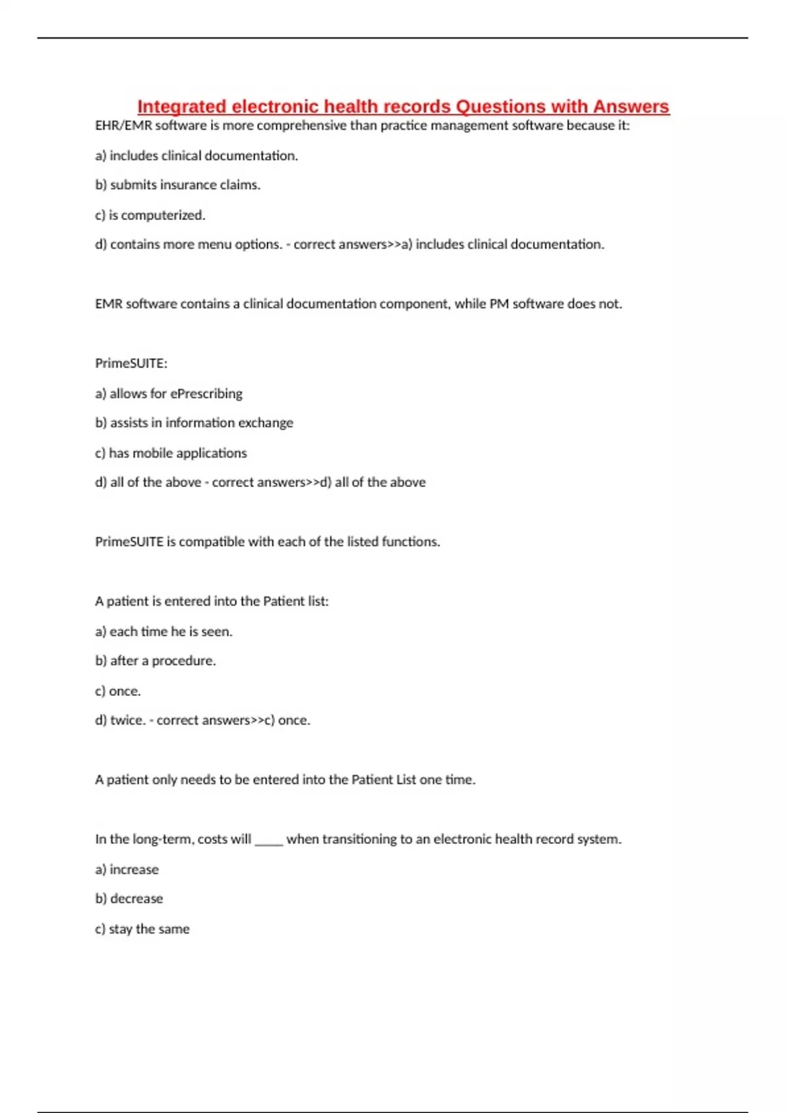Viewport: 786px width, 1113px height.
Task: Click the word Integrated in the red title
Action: click(181, 106)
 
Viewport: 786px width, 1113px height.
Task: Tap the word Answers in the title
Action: click(631, 106)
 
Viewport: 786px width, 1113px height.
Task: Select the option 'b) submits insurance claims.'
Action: click(178, 185)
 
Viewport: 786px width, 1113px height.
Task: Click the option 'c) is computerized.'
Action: click(150, 215)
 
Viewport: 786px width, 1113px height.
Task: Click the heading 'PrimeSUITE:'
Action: click(131, 363)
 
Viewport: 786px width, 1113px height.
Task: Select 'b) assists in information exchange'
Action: click(194, 423)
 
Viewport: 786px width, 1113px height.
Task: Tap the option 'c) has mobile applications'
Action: click(171, 453)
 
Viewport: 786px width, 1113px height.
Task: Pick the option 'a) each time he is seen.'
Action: click(164, 632)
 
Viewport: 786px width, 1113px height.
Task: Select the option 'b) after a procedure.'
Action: click(155, 661)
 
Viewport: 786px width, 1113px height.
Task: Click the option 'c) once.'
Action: click(118, 691)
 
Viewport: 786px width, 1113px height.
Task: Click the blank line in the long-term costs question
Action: click(269, 841)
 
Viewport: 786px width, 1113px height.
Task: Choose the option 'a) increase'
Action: click(126, 869)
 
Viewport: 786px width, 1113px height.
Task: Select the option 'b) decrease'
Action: click(129, 899)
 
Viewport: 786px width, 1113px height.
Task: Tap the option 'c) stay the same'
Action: click(142, 929)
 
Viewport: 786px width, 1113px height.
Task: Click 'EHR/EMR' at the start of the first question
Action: click(123, 126)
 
